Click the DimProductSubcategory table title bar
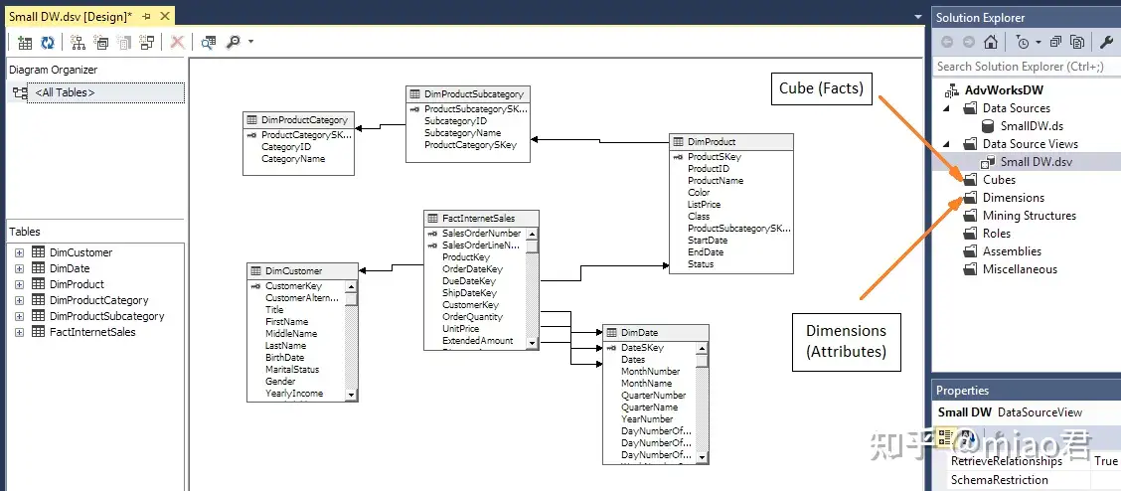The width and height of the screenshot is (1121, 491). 467,94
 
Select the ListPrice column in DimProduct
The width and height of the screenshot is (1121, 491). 704,205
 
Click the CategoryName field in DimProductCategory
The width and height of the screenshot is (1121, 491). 293,159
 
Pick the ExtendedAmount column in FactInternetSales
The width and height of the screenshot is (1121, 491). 477,341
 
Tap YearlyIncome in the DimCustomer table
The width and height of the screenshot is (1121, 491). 294,394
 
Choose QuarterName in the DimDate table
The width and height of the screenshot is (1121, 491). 649,408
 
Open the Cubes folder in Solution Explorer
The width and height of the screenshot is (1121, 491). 999,180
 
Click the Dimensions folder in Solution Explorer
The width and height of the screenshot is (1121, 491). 1013,198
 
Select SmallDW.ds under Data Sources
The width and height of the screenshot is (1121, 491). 1032,126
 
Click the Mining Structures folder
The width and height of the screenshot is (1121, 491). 1029,216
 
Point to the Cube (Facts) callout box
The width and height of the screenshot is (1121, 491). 821,88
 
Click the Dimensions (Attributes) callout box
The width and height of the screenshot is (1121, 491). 846,340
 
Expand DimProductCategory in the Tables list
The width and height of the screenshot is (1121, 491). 19,300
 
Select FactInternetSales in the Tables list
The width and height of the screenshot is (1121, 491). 92,332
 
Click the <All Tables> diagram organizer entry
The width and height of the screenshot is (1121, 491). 65,92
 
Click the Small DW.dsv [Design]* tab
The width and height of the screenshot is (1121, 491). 70,16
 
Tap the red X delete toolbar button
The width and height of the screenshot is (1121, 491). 177,42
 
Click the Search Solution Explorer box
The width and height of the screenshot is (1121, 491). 1024,67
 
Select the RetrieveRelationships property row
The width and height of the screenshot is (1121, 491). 1006,461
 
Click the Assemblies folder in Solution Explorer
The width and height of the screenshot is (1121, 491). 1012,251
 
